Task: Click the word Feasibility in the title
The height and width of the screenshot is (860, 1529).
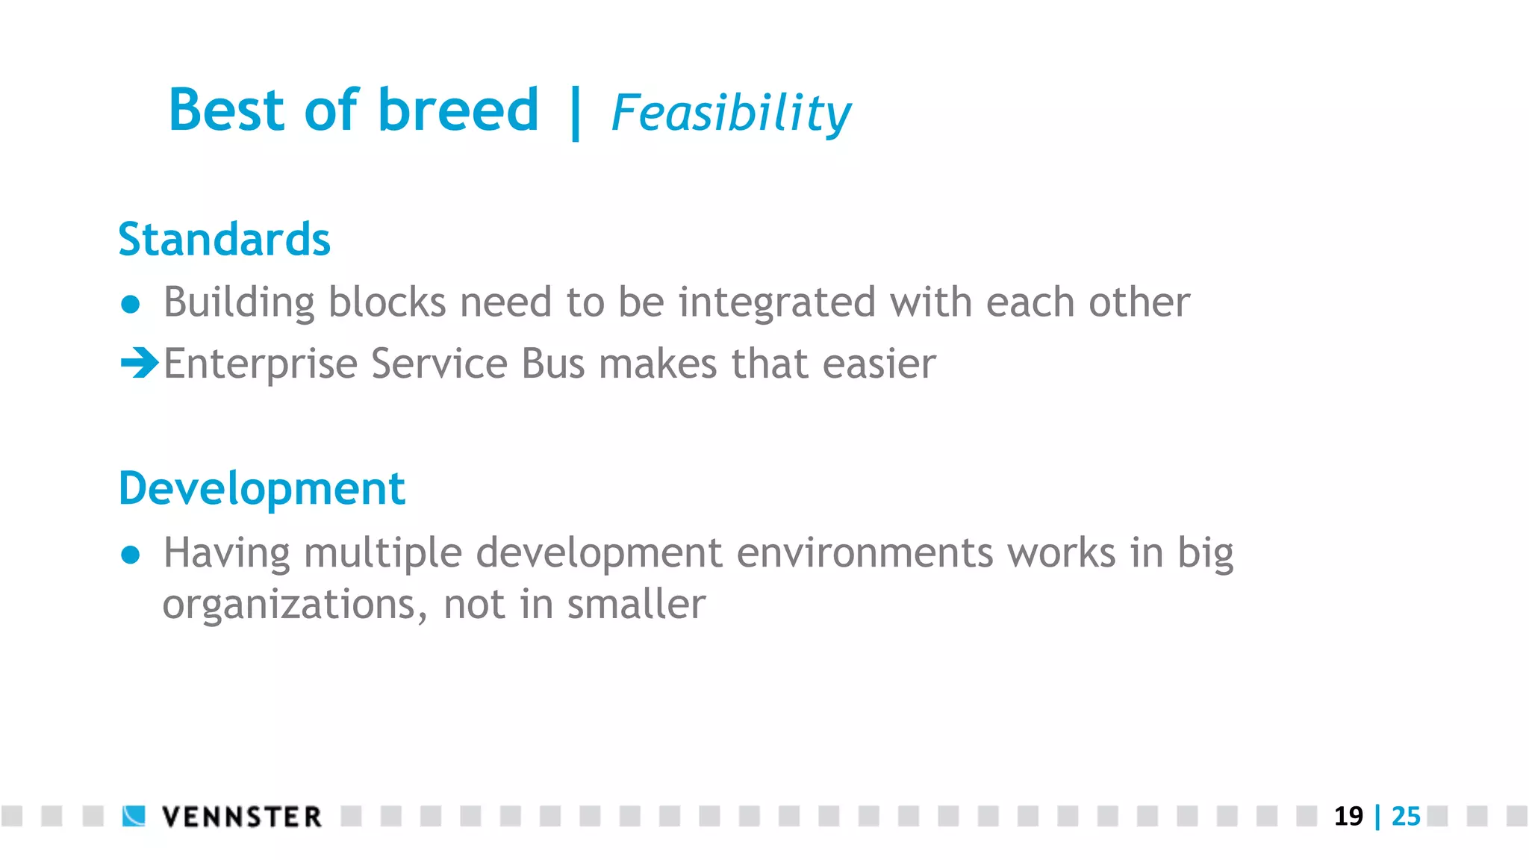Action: [730, 113]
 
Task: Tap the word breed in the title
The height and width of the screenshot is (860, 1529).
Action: [458, 110]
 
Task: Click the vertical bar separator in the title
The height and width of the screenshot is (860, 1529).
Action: [575, 113]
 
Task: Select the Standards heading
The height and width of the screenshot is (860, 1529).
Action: [224, 240]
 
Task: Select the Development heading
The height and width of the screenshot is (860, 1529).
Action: [261, 490]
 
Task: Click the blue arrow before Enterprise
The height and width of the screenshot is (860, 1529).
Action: [139, 364]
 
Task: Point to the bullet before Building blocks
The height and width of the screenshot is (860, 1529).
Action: [131, 304]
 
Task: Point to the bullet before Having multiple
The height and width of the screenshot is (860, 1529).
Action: [131, 555]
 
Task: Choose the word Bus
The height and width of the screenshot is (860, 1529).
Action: [552, 364]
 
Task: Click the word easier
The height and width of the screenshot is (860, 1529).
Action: [879, 364]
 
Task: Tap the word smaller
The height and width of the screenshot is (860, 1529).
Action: [635, 604]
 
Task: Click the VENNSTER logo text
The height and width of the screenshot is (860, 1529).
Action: [242, 817]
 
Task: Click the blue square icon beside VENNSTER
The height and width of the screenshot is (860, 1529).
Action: [134, 816]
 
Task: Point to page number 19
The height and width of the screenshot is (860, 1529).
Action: [1348, 816]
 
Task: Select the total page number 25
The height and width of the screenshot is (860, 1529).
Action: [1406, 816]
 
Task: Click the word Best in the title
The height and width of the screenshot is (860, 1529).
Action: [227, 110]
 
